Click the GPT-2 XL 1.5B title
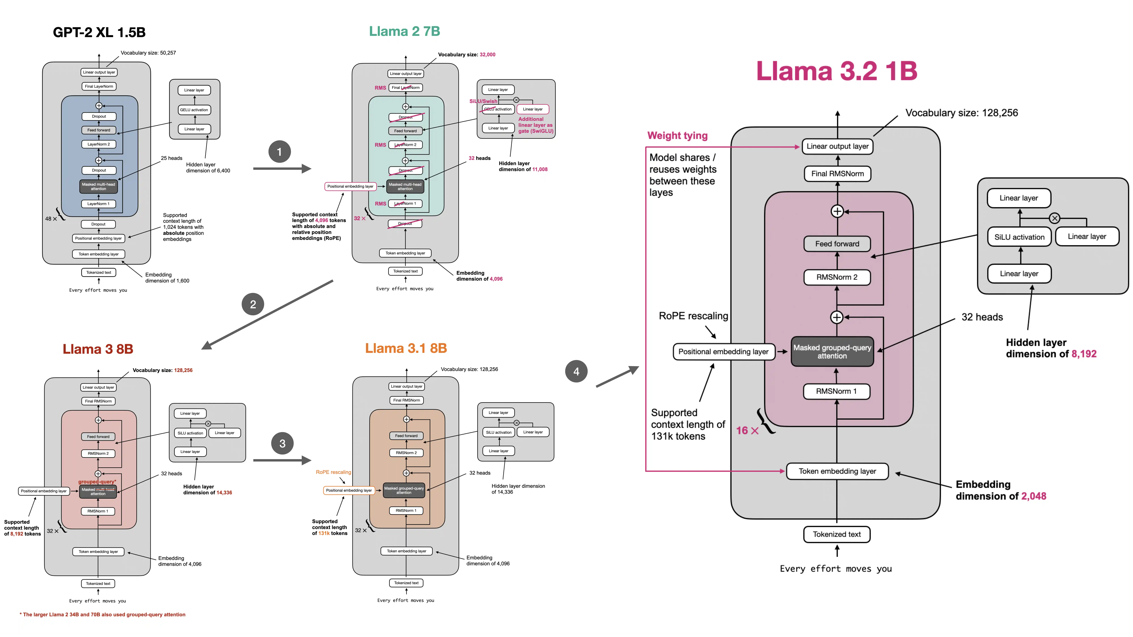pos(99,32)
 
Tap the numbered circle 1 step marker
pos(279,152)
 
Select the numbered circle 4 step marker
pos(576,371)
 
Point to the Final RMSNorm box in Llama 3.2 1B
pos(837,174)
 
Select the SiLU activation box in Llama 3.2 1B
pos(1019,237)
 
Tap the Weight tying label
pos(677,135)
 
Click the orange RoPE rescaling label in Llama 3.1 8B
pos(333,472)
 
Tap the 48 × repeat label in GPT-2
pos(51,218)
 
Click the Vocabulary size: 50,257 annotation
pos(148,53)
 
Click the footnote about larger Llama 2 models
pos(103,615)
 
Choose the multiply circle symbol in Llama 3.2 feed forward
pos(1054,218)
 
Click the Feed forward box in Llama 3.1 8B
pos(406,436)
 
